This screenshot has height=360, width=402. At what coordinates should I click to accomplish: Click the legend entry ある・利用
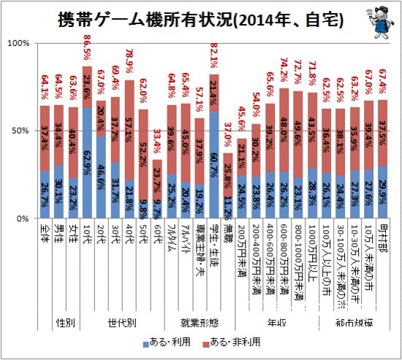tap(175, 341)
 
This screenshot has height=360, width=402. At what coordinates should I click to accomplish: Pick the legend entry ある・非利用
tap(237, 341)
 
